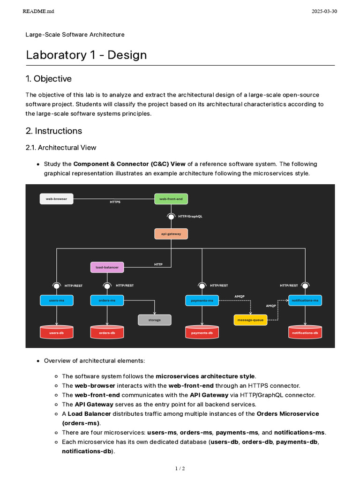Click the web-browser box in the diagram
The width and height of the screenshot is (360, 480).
57,199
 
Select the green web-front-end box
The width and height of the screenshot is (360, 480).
171,199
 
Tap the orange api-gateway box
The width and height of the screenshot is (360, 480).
171,233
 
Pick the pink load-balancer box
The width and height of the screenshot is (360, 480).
107,267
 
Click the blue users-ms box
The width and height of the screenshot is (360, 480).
57,300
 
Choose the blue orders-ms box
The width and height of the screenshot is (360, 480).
107,300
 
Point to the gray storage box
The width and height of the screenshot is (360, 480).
154,320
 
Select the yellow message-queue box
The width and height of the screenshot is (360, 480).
251,320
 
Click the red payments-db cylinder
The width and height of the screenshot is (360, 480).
202,332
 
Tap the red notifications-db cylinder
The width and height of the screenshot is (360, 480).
305,332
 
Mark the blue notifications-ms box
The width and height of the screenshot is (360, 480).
305,300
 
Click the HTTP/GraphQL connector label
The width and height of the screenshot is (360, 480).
190,217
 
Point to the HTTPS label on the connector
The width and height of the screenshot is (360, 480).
115,202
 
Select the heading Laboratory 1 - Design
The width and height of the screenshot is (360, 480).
86,55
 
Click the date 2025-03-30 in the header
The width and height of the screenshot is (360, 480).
324,12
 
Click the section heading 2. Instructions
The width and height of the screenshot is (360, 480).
53,131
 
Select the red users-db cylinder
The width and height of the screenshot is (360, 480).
57,332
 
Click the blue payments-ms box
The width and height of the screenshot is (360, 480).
202,300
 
